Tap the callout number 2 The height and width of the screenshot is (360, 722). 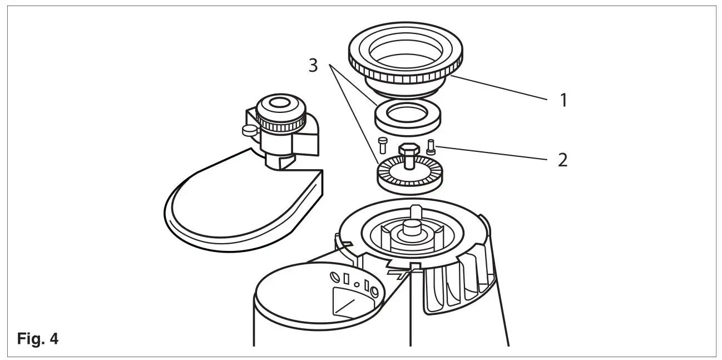[x=562, y=160]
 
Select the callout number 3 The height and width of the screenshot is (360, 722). [x=313, y=65]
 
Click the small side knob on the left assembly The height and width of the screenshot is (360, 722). [x=248, y=130]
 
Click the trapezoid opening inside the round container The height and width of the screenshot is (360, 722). [x=350, y=303]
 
